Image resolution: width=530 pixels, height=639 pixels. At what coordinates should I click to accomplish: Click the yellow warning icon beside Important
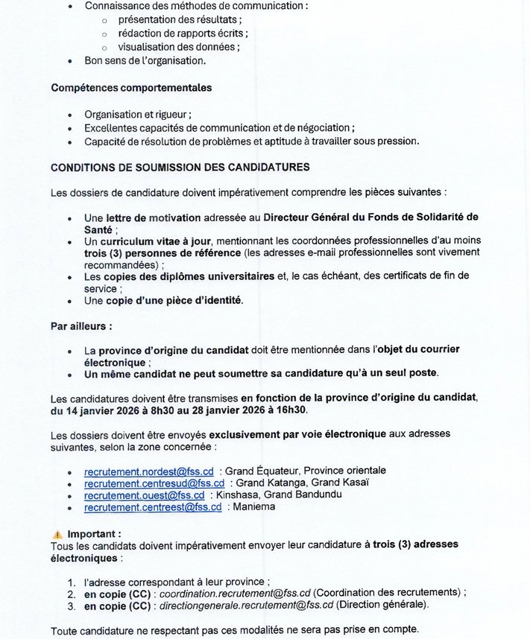pyautogui.click(x=57, y=534)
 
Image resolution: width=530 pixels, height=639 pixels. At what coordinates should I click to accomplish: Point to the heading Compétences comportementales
pyautogui.click(x=131, y=88)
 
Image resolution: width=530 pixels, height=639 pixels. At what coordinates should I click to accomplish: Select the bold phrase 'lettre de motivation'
pyautogui.click(x=153, y=217)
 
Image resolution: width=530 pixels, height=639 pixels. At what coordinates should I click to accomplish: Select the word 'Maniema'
pyautogui.click(x=254, y=506)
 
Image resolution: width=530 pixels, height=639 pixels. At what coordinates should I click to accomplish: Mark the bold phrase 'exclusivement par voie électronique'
pyautogui.click(x=297, y=433)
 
